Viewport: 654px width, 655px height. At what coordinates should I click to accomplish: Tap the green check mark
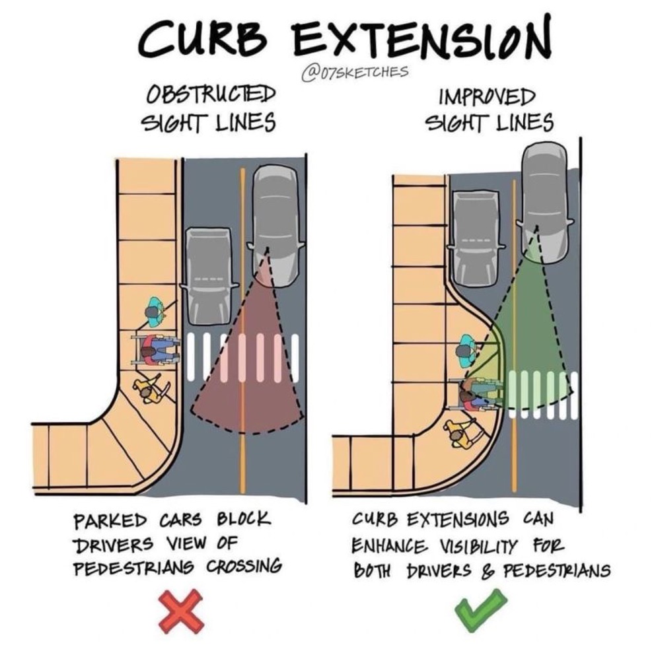tap(480, 611)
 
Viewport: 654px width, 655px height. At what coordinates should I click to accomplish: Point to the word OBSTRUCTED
tap(211, 94)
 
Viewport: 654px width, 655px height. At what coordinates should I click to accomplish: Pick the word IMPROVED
tap(487, 97)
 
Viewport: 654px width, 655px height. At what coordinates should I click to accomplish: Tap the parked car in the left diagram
tap(208, 277)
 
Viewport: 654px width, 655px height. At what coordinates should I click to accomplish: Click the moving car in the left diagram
tap(276, 226)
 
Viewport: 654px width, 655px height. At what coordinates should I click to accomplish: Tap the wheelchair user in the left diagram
tap(155, 351)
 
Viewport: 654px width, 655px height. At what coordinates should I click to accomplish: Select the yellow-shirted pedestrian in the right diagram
tap(463, 435)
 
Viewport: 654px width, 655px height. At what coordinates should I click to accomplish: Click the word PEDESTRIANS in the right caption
tap(556, 570)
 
